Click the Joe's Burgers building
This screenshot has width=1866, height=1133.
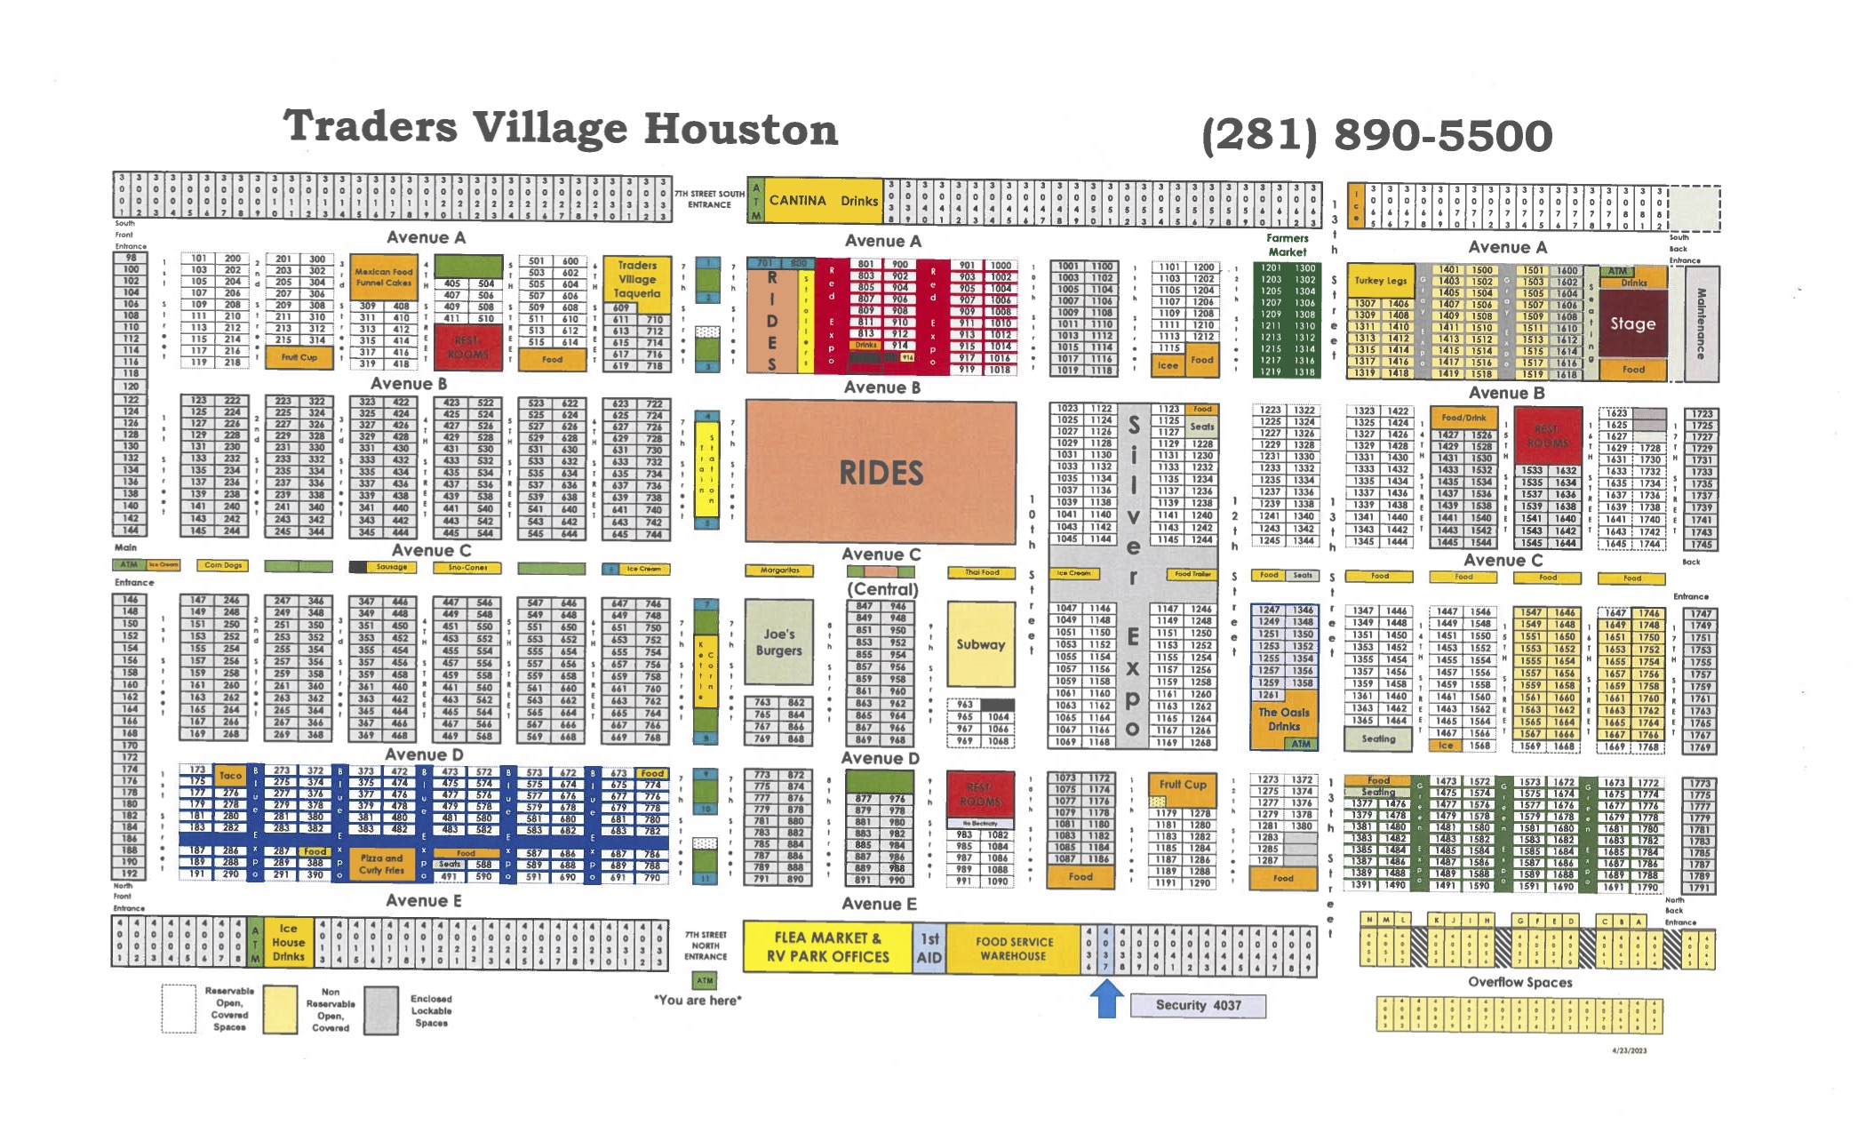pos(778,642)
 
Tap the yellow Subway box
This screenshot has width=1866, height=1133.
pos(980,644)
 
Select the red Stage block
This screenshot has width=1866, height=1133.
pos(1632,323)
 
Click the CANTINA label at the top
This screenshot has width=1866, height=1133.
pos(797,200)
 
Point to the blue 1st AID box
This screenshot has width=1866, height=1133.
pos(929,948)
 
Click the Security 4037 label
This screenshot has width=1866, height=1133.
pos(1197,1005)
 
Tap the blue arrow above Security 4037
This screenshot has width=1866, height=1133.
pos(1106,997)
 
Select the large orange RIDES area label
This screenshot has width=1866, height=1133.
pos(881,473)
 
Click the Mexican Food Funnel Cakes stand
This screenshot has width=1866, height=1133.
pos(383,277)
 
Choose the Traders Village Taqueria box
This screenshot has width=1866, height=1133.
pos(637,279)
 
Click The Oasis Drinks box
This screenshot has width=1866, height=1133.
pos(1283,719)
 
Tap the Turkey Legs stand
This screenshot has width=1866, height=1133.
pos(1380,281)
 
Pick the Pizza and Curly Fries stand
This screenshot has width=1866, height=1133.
pos(381,864)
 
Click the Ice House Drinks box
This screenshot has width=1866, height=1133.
pos(288,942)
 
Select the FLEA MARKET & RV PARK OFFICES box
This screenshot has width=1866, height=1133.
pos(827,947)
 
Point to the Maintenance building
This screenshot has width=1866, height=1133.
pos(1701,323)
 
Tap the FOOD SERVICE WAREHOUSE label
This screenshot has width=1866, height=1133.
pos(1013,948)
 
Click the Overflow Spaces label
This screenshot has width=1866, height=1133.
pos(1519,982)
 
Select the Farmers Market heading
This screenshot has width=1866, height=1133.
pos(1287,244)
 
